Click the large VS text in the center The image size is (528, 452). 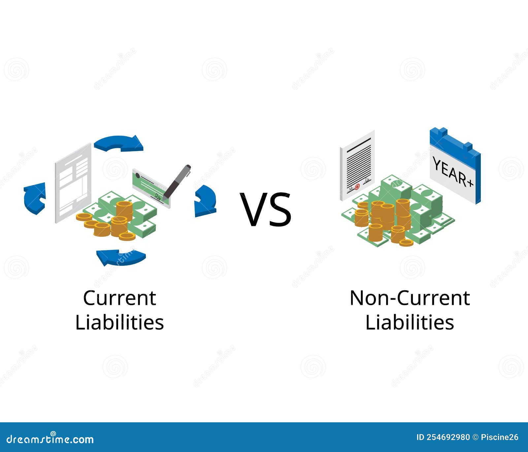[x=266, y=210]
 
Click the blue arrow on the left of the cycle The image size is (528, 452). [x=34, y=198]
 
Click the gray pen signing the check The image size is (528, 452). [x=177, y=182]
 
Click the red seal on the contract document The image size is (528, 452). [x=357, y=187]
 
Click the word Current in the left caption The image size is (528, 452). [x=119, y=298]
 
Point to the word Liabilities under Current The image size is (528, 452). [x=119, y=322]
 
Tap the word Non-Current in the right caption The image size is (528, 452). [x=410, y=298]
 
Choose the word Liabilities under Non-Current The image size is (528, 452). [x=410, y=322]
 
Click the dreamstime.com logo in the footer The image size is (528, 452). [x=50, y=439]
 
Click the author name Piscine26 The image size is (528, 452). [x=500, y=437]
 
